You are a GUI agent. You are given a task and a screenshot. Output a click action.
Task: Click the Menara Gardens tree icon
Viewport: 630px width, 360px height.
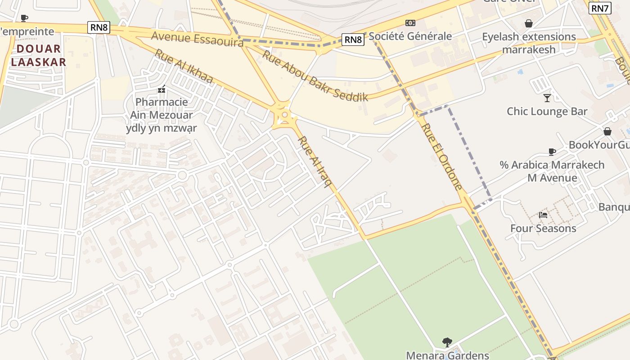click(x=447, y=342)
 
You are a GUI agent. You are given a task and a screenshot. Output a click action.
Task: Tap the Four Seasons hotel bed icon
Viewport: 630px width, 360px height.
click(x=543, y=215)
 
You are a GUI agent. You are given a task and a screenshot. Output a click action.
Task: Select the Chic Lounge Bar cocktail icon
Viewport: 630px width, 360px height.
click(x=547, y=98)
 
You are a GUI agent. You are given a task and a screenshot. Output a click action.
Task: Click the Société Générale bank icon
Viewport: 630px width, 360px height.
click(x=410, y=23)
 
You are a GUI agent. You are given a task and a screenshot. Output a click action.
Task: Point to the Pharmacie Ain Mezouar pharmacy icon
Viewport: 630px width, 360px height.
click(x=161, y=89)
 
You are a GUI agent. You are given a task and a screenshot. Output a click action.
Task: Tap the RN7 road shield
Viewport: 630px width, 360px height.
click(x=600, y=8)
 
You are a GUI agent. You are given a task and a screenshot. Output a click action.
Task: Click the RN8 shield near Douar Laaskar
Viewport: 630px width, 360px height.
click(x=99, y=27)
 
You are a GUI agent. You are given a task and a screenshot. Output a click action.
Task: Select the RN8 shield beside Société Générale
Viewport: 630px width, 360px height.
click(x=353, y=40)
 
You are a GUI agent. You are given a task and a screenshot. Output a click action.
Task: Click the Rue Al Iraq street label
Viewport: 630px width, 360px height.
click(x=315, y=161)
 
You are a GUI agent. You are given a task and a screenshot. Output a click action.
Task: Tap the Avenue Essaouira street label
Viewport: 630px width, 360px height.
click(x=197, y=39)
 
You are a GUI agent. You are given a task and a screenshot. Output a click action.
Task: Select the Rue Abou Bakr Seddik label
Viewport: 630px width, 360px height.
click(x=315, y=76)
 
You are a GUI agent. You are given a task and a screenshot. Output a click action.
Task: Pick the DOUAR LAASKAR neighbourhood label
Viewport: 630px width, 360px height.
click(x=39, y=55)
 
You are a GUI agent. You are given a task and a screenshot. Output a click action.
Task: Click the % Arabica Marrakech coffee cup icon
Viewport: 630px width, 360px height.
click(x=552, y=152)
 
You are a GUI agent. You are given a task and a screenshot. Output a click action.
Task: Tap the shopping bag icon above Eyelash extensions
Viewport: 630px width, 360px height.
click(x=529, y=23)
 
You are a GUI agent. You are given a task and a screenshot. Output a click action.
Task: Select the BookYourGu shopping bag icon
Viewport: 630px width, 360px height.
click(x=607, y=131)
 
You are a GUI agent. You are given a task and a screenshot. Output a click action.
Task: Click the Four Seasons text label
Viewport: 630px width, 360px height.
click(x=543, y=229)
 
